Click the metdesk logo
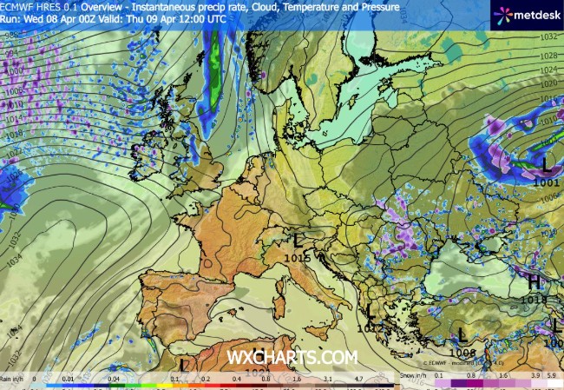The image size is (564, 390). tap(526, 15)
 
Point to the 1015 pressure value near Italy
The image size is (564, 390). tap(298, 256)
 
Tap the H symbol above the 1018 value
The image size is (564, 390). tap(535, 282)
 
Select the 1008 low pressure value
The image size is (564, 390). tap(464, 353)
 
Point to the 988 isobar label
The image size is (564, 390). tap(10, 35)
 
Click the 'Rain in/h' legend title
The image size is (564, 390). tap(11, 379)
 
